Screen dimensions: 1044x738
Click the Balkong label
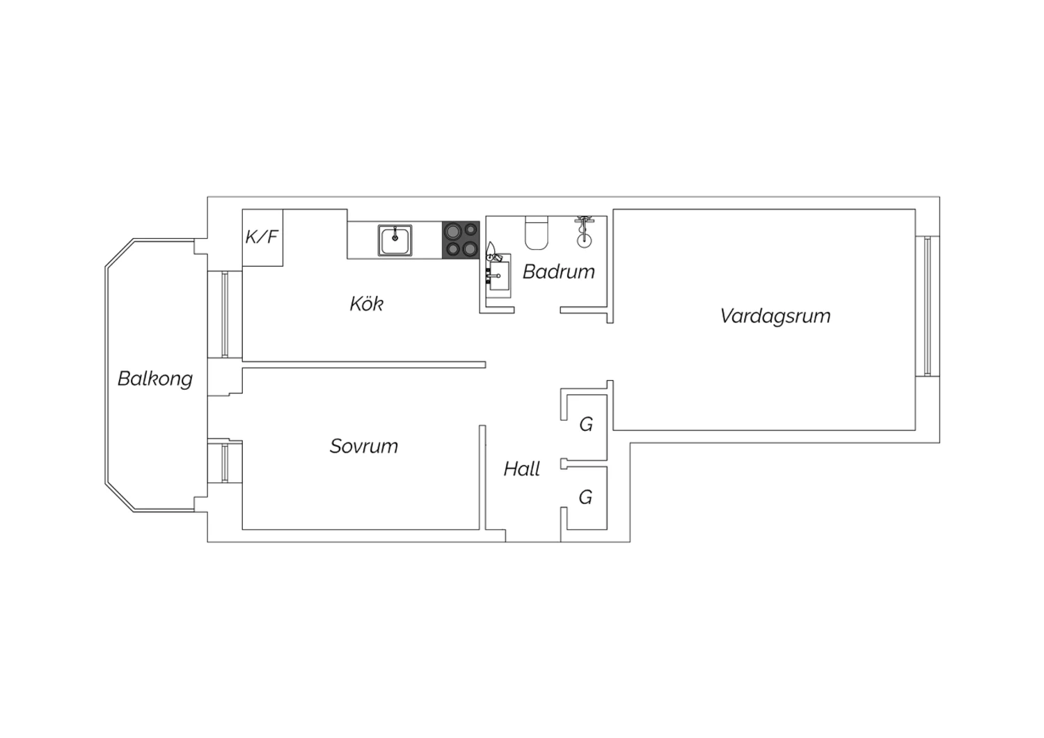coord(155,379)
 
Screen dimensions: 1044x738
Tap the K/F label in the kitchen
coord(262,237)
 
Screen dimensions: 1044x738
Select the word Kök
coord(366,304)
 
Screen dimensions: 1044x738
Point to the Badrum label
coord(558,272)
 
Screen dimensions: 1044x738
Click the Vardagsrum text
coord(775,316)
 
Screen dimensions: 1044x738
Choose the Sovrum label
coord(363,446)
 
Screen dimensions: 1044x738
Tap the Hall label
coord(521,469)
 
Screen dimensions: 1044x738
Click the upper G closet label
coord(586,424)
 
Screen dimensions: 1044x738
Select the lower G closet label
coord(585,497)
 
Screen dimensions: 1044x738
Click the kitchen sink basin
coord(395,241)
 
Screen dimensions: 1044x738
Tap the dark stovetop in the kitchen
coord(461,240)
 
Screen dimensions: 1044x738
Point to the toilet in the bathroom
coord(537,233)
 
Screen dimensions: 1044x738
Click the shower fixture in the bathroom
coord(584,232)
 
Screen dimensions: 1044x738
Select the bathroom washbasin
coord(498,276)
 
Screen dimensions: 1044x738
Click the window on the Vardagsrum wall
coord(927,306)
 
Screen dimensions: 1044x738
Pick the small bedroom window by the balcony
coord(225,462)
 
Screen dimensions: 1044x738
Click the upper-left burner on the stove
coord(452,230)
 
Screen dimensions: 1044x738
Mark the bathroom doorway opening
coord(537,310)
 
